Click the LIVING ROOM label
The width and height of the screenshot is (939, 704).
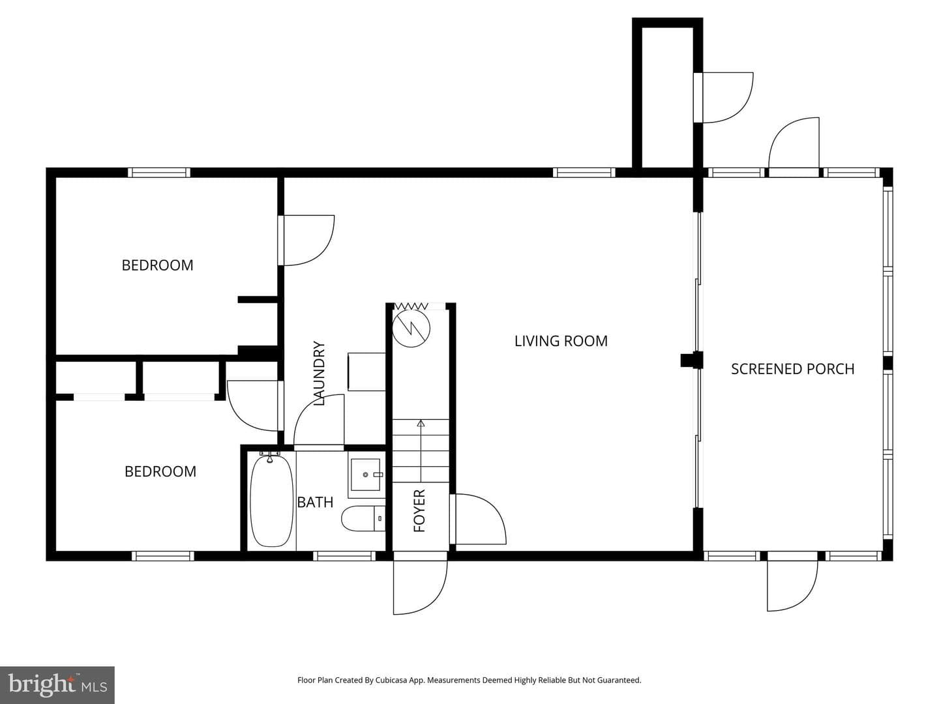(x=560, y=341)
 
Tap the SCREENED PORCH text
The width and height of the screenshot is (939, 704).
(x=792, y=369)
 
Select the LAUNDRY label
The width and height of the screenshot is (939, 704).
(x=319, y=373)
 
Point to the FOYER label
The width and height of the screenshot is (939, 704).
(x=419, y=511)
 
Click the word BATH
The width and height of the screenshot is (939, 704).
(x=315, y=502)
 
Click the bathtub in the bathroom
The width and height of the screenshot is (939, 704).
(x=272, y=500)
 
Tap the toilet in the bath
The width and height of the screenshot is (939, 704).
(x=363, y=518)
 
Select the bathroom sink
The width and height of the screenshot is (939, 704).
(x=365, y=475)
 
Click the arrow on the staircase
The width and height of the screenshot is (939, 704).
(x=421, y=451)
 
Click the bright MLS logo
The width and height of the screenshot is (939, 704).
(x=57, y=684)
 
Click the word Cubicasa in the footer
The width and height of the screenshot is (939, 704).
(x=390, y=680)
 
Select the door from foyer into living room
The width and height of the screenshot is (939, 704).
(x=478, y=520)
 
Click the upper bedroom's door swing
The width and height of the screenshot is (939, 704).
(x=306, y=241)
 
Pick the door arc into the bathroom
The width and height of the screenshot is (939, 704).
(x=319, y=420)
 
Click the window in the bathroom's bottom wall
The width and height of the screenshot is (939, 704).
(x=344, y=555)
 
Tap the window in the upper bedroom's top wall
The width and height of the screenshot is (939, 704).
(x=159, y=173)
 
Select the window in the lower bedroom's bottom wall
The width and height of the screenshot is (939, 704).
(x=162, y=555)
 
